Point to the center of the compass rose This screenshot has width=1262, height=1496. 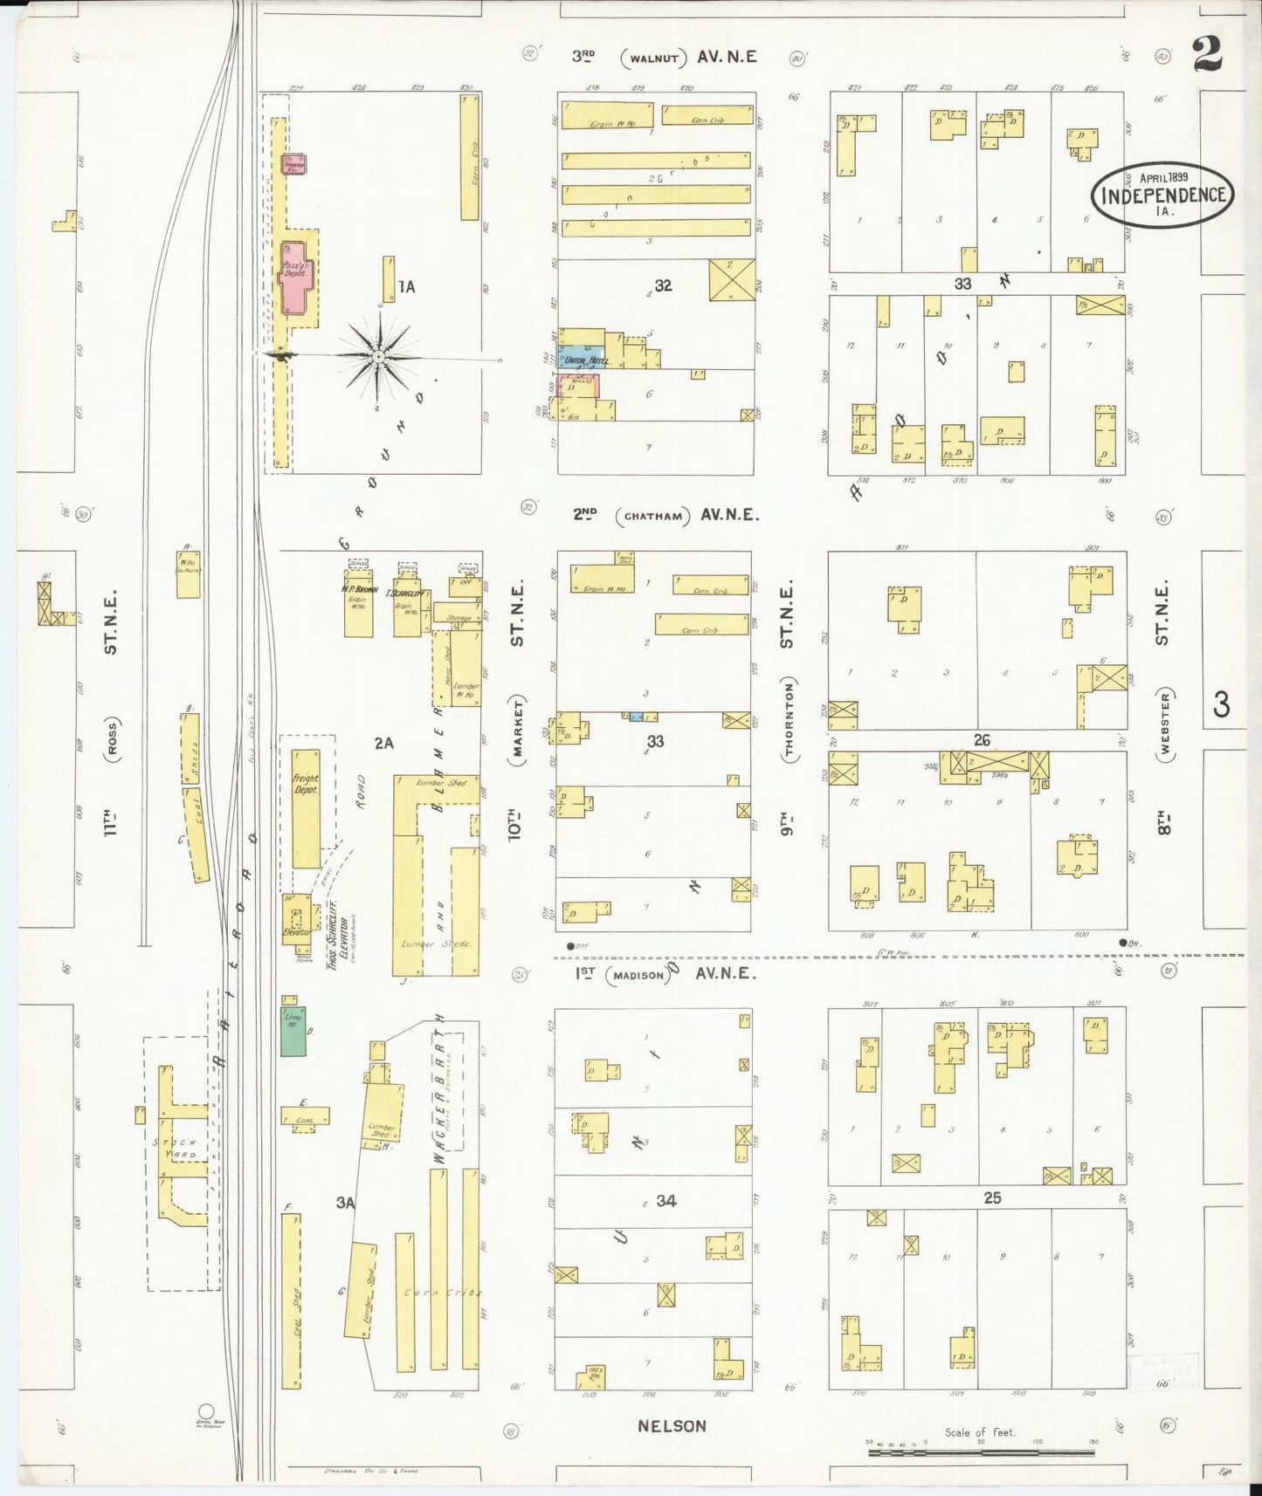coord(378,357)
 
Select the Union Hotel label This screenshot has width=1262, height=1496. coord(586,360)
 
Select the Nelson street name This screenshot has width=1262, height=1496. coord(671,1426)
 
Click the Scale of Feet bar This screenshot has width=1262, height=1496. coord(980,1452)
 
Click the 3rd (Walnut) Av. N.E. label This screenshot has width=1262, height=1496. coord(664,58)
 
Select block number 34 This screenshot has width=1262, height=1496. coord(666,1201)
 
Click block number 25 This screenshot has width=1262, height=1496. coord(992,1198)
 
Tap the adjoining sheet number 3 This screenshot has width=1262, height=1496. coord(1221,703)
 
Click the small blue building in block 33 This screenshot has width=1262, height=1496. coord(636,717)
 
